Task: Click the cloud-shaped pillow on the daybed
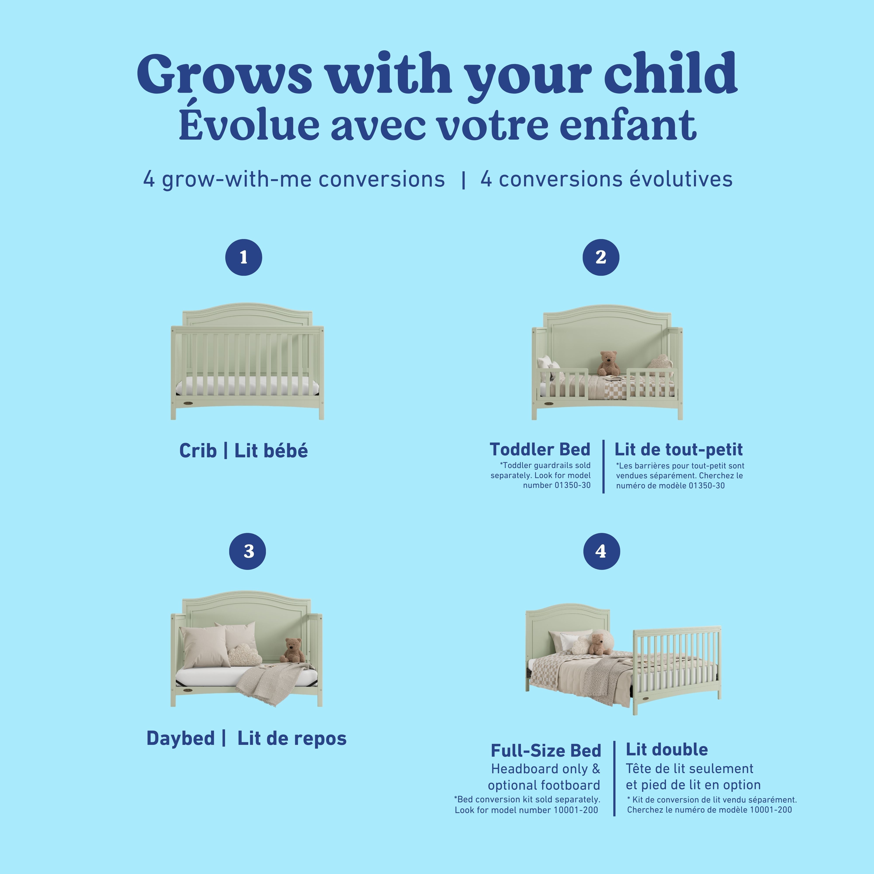243,655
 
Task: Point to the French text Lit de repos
292,738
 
